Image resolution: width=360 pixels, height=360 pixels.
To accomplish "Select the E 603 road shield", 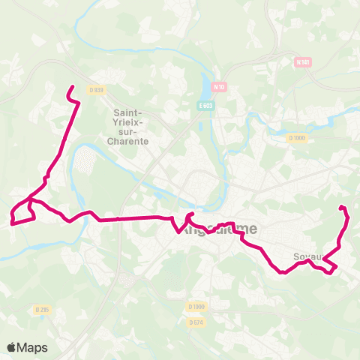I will coord(205,106).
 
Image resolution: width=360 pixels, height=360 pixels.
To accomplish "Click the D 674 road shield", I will coord(196,322).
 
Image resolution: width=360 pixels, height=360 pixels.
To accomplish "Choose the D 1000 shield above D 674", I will coord(196,306).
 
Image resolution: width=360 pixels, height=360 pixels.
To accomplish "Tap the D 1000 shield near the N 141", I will coord(297,138).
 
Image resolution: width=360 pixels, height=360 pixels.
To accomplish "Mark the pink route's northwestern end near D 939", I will coord(71,88).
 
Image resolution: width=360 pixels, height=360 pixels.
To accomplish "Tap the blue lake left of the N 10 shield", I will coord(206,85).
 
